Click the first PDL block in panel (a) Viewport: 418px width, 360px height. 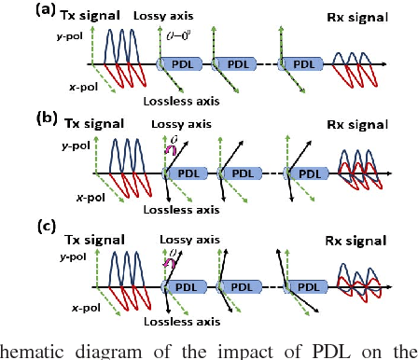point(180,63)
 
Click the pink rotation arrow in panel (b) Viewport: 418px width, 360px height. point(170,146)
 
